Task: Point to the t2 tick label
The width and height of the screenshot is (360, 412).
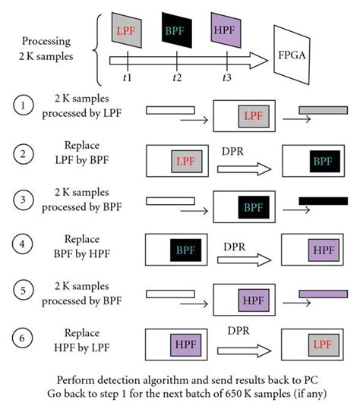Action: point(177,77)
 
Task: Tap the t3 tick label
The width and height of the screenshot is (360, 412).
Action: point(226,77)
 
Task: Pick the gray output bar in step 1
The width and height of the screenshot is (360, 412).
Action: point(324,111)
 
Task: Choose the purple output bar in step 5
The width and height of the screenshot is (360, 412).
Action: point(324,293)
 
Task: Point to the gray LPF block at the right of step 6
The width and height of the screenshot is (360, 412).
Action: point(323,348)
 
